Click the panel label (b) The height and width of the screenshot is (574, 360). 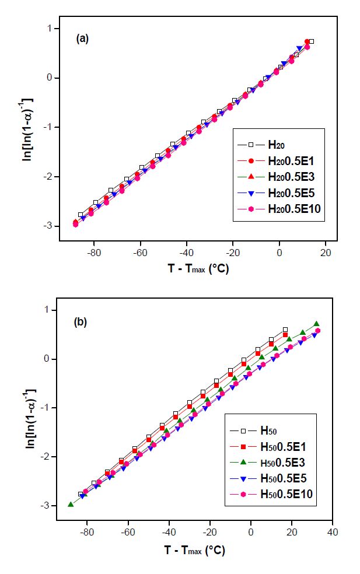(81, 321)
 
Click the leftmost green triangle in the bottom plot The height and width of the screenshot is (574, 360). (71, 504)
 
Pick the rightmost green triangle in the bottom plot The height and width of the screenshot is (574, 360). (316, 324)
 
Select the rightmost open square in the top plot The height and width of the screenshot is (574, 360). (312, 41)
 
